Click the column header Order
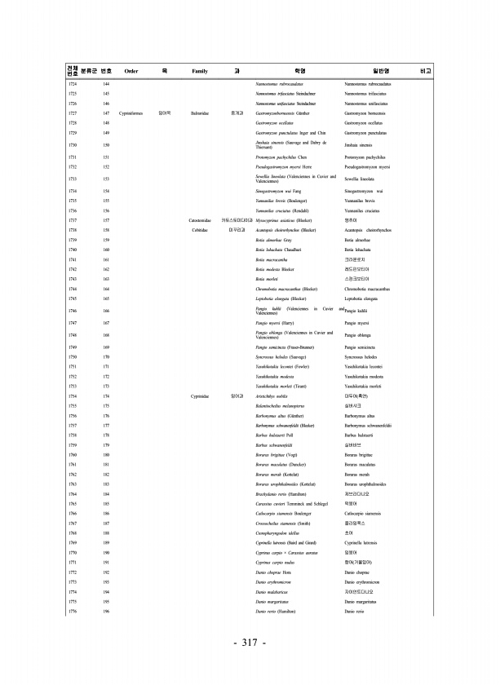pos(131,72)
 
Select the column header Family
pos(200,72)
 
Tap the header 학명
pos(299,72)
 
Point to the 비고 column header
pos(424,72)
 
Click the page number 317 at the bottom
pos(250,643)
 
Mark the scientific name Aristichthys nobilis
pos(272,396)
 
